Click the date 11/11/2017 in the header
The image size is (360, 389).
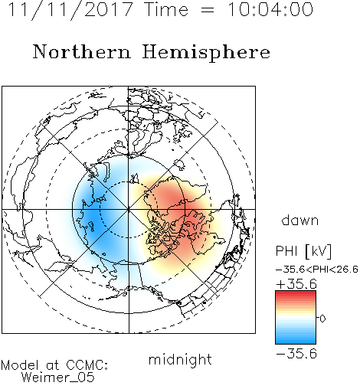70,10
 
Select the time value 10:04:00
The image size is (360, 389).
270,9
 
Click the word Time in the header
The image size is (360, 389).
166,9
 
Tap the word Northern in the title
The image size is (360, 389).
82,52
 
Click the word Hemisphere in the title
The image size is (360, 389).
206,53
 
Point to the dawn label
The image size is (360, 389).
300,220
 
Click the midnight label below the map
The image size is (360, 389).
180,360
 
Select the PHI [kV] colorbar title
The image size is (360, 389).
303,251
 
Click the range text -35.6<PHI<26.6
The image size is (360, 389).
317,270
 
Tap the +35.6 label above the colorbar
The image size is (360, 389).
296,284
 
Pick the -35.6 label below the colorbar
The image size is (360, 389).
296,354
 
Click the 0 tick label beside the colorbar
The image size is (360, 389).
322,319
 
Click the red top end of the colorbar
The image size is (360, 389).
296,293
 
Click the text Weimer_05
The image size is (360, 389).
58,378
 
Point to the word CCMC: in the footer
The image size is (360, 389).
87,365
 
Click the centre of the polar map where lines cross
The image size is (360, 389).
129,209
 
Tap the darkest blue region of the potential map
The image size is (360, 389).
92,217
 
